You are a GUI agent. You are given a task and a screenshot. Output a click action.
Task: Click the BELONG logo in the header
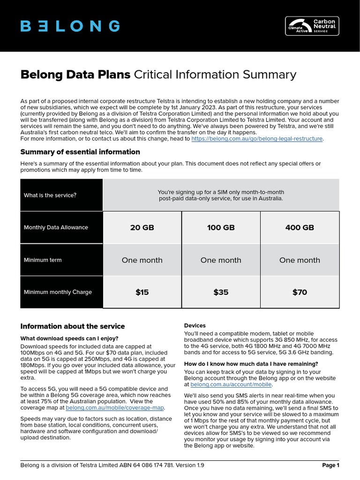pos(70,26)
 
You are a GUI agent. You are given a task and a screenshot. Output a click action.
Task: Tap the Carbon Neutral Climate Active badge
pos(312,26)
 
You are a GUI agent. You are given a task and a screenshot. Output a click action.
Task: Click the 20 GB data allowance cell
pos(142,228)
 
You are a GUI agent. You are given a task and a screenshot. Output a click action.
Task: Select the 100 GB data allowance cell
pos(221,228)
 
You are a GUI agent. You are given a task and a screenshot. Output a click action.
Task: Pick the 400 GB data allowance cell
pos(300,228)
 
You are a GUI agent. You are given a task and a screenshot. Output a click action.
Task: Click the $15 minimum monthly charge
pos(142,292)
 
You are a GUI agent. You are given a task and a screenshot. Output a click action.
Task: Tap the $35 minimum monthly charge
pos(221,292)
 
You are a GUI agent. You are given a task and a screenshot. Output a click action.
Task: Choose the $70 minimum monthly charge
pos(300,292)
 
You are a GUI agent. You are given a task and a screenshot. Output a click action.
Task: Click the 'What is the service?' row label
pos(50,195)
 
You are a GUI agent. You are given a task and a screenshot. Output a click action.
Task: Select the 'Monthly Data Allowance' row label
pos(56,227)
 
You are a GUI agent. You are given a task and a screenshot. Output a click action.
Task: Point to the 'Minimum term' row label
pos(43,260)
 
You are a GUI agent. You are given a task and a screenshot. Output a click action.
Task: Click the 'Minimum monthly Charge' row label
pos(58,292)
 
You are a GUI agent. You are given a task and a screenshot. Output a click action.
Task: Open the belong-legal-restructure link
pos(257,139)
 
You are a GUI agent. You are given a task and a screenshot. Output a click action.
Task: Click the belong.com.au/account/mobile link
pos(231,384)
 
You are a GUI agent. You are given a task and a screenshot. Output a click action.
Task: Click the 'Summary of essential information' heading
pos(80,152)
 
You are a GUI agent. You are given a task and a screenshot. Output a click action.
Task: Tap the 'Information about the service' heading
pos(73,326)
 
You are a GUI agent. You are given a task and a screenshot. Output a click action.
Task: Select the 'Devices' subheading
pos(195,325)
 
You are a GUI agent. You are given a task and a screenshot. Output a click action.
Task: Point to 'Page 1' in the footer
pos(330,465)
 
